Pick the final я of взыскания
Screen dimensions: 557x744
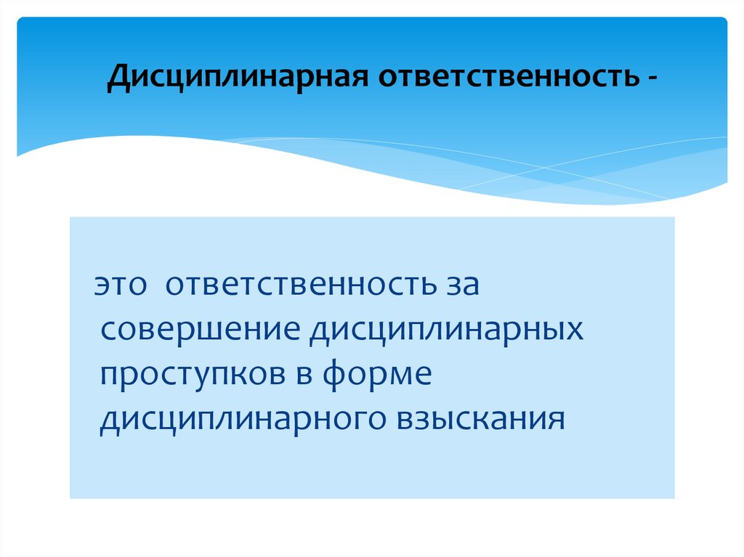pyautogui.click(x=557, y=420)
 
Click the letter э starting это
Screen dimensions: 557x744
pyautogui.click(x=102, y=285)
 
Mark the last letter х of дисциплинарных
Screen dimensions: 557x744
pyautogui.click(x=576, y=330)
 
